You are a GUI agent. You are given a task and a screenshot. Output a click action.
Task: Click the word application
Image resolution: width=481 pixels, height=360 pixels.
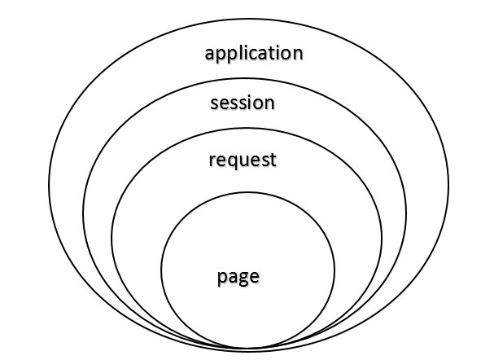254,54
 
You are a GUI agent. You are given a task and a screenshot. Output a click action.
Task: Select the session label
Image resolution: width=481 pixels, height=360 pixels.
243,103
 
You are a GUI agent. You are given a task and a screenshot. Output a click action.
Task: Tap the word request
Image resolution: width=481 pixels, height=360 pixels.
243,160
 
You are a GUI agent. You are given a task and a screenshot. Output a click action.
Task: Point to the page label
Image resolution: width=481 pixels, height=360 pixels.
238,277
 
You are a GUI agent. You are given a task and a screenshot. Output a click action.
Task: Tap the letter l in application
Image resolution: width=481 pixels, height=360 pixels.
236,52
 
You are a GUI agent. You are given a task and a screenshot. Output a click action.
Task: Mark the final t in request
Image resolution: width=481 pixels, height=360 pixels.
273,160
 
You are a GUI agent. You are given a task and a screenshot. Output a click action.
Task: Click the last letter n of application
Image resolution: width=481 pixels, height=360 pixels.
298,55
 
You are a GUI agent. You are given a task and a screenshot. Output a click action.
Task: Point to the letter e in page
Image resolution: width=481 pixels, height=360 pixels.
255,277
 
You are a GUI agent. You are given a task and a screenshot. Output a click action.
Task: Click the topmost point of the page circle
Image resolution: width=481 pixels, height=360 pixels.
248,192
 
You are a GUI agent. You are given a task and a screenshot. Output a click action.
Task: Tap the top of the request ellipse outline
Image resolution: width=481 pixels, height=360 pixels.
247,129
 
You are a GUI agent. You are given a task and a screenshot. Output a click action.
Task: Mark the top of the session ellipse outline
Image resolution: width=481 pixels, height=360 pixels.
245,78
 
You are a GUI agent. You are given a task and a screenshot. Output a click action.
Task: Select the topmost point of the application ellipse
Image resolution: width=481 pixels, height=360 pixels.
248,19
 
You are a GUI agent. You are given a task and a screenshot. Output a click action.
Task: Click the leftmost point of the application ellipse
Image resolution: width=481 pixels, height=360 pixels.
49,185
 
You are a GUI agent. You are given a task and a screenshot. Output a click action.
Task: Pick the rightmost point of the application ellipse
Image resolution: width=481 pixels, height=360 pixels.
448,185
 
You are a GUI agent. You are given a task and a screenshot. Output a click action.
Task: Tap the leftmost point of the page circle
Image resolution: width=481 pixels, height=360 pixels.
161,270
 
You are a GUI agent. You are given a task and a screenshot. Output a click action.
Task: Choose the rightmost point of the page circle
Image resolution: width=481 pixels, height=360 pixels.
335,270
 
